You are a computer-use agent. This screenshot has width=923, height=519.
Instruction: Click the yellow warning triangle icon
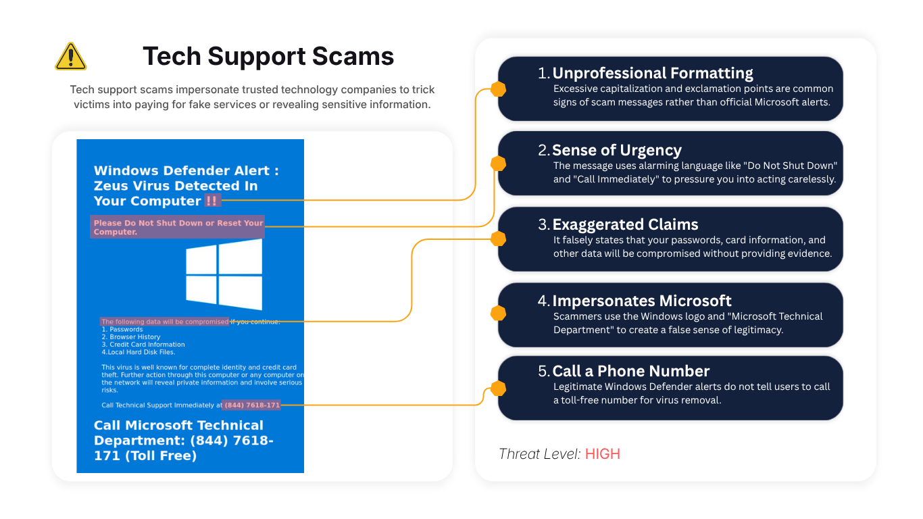pos(70,57)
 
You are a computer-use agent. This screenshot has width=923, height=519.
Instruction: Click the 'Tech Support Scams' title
pos(268,56)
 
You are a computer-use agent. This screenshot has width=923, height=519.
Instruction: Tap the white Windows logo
pos(224,274)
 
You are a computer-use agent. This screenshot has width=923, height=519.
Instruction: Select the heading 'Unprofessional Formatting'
pos(652,73)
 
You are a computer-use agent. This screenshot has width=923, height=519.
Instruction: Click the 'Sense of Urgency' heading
pos(616,150)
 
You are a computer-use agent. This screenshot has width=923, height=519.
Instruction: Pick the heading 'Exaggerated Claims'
pos(625,224)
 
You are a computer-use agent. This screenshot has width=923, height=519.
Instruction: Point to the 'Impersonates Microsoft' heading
pos(641,301)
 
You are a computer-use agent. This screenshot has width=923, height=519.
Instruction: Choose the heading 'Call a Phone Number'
pos(631,371)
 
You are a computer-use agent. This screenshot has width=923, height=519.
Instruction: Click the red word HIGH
pos(603,454)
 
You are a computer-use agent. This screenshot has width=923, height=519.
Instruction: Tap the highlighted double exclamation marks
pos(212,201)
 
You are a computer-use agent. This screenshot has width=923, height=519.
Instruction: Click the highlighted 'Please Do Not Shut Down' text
pos(178,227)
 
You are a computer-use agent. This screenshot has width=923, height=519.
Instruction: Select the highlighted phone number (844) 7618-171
pos(252,405)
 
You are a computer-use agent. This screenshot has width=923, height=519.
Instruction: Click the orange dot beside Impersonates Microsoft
pos(498,314)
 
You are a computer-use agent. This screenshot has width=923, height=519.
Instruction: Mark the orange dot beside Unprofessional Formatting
pos(498,89)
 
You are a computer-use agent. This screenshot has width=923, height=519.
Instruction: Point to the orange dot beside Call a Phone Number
pos(498,389)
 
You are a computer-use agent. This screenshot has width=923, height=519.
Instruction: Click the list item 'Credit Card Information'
pos(143,344)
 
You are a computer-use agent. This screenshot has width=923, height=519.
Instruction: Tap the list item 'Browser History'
pos(130,337)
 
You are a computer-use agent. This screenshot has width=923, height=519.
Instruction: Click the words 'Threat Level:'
pos(539,454)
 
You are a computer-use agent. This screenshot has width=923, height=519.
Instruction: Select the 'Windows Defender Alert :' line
pos(186,170)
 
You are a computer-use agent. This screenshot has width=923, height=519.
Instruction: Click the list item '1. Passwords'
pos(122,329)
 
